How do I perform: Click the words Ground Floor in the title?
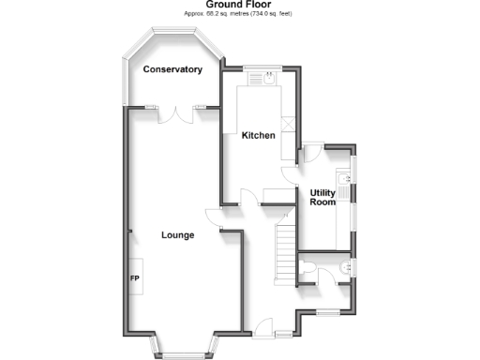point(239,5)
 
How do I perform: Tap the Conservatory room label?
point(172,69)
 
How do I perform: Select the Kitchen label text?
point(259,135)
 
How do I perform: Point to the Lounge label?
point(177,234)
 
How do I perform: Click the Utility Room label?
point(322,198)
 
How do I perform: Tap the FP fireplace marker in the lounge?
point(134,278)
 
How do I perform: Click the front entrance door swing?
point(262,327)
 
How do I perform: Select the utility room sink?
point(346,192)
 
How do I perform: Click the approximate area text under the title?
point(239,15)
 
